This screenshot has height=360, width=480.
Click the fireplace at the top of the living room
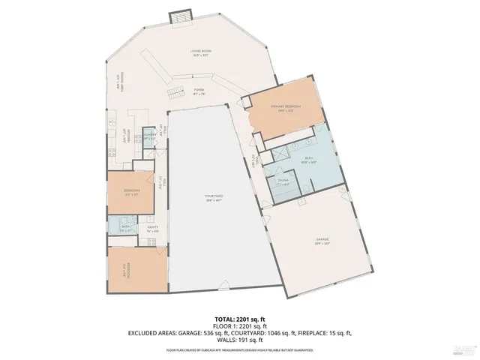point(181,17)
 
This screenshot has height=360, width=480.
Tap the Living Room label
point(200,52)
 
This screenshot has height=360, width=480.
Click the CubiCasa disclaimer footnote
point(240,350)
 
